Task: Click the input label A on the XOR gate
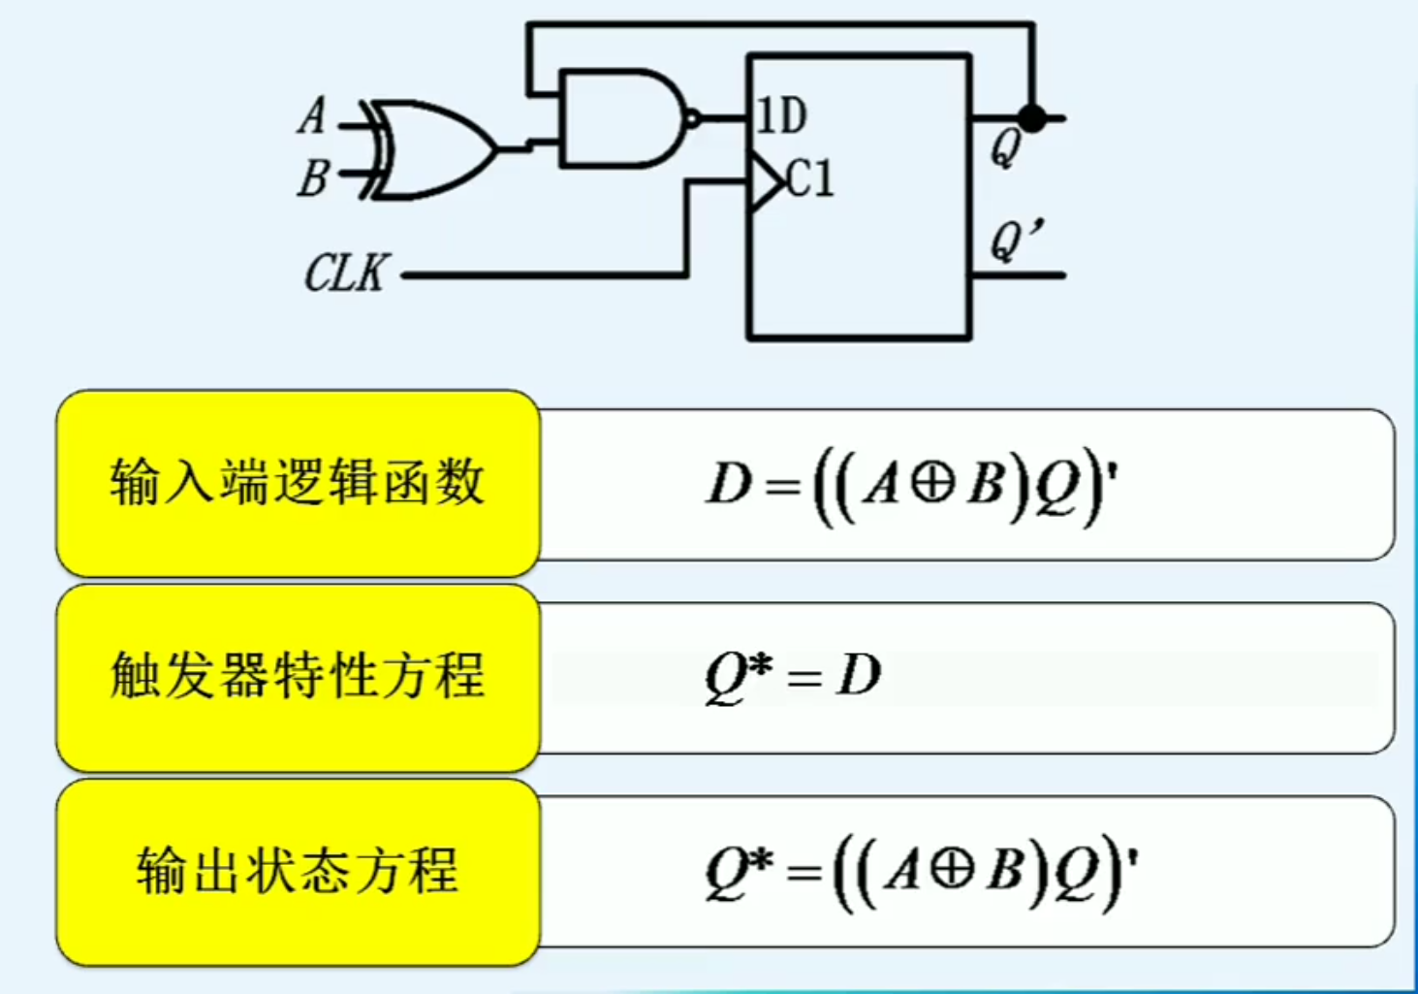pyautogui.click(x=312, y=115)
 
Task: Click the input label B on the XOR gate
pyautogui.click(x=313, y=178)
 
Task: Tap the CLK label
pyautogui.click(x=346, y=273)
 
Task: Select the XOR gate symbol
pyautogui.click(x=432, y=149)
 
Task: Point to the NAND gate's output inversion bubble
pyautogui.click(x=692, y=119)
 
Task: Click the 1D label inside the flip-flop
pyautogui.click(x=781, y=116)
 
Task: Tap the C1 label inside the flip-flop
pyautogui.click(x=809, y=178)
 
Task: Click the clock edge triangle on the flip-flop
pyautogui.click(x=766, y=181)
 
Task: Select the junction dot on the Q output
pyautogui.click(x=1033, y=118)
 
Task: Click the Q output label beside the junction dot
pyautogui.click(x=1005, y=148)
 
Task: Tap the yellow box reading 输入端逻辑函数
pyautogui.click(x=298, y=483)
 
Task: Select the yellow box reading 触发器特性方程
pyautogui.click(x=298, y=676)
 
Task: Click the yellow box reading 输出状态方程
pyautogui.click(x=298, y=870)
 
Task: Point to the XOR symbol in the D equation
pyautogui.click(x=932, y=483)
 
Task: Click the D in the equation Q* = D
pyautogui.click(x=859, y=675)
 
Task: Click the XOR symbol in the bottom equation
pyautogui.click(x=952, y=869)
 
